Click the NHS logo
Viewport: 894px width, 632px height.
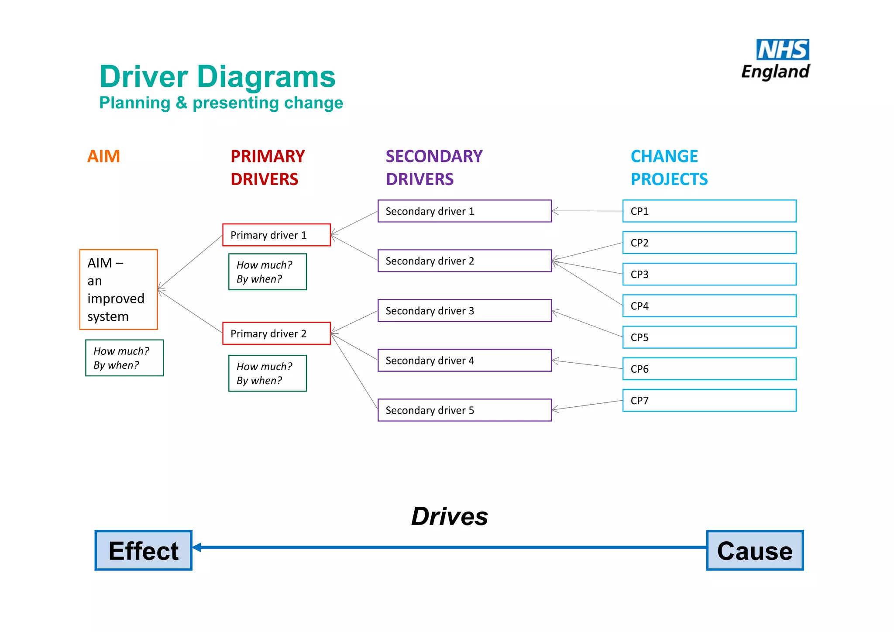tap(782, 50)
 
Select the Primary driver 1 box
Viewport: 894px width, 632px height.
tap(276, 235)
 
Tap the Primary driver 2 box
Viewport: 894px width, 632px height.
tap(276, 333)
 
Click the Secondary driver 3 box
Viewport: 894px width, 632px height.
tap(464, 311)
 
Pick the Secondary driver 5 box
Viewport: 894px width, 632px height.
tap(464, 410)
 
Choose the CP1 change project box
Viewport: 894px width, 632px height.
tap(709, 211)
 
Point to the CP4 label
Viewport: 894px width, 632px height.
tap(640, 306)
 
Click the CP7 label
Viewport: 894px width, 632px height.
tap(640, 401)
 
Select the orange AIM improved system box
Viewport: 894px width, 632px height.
tap(118, 289)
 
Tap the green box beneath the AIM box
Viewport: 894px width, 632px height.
tap(124, 358)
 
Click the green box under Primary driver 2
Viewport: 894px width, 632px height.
tap(268, 374)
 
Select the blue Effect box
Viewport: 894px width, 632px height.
tap(144, 550)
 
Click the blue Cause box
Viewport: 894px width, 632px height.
tap(755, 550)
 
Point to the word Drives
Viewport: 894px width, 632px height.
tap(450, 516)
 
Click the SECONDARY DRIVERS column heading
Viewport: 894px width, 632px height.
tap(434, 168)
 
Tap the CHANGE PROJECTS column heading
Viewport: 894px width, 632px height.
tap(669, 168)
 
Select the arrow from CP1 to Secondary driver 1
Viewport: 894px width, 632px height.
tap(587, 211)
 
